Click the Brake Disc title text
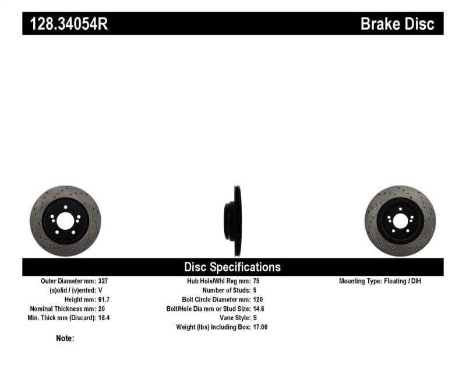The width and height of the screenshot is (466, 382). point(397,23)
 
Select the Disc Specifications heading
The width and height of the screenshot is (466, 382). point(232,267)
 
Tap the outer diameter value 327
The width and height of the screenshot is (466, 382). point(103,281)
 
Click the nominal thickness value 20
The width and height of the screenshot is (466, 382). point(101,309)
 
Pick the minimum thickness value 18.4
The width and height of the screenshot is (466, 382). point(104,318)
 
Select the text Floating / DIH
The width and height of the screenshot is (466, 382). point(403,281)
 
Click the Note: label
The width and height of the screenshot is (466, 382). point(65,338)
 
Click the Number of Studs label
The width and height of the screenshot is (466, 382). point(226,290)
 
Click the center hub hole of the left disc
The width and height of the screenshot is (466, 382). point(65,221)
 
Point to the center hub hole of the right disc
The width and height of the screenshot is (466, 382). point(400,221)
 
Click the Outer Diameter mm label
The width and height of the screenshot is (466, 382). point(69,281)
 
